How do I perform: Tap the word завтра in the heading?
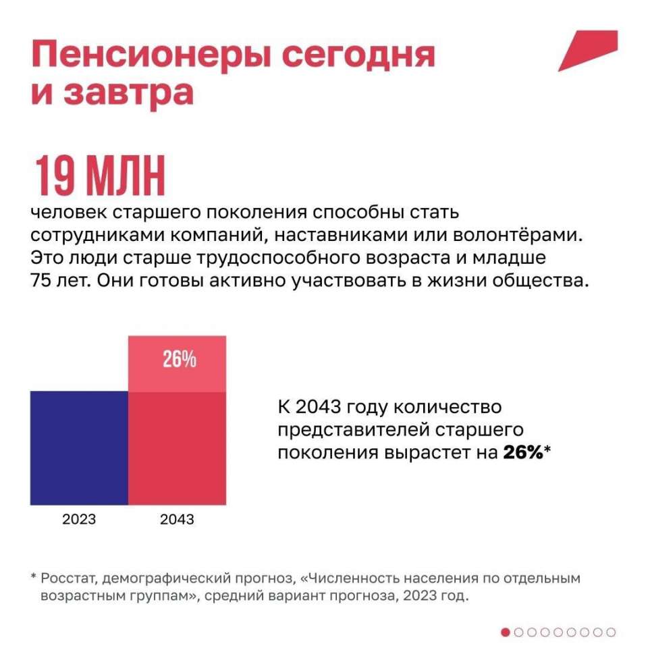pyautogui.click(x=129, y=92)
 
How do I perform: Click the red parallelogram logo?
pyautogui.click(x=588, y=51)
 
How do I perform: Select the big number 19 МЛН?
pyautogui.click(x=100, y=175)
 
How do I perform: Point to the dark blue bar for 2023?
pyautogui.click(x=80, y=448)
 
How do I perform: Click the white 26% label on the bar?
pyautogui.click(x=180, y=358)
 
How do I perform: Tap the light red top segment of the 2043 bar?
pyautogui.click(x=178, y=364)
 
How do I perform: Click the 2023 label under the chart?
pyautogui.click(x=79, y=519)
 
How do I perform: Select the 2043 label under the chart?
pyautogui.click(x=177, y=519)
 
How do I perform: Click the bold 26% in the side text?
pyautogui.click(x=522, y=452)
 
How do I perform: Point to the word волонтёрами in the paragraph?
pyautogui.click(x=518, y=235)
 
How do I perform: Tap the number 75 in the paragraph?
pyautogui.click(x=40, y=281)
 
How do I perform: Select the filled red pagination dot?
pyautogui.click(x=505, y=632)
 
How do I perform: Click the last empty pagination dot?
pyautogui.click(x=611, y=632)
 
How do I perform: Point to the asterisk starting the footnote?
pyautogui.click(x=34, y=576)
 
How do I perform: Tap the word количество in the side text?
pyautogui.click(x=448, y=407)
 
